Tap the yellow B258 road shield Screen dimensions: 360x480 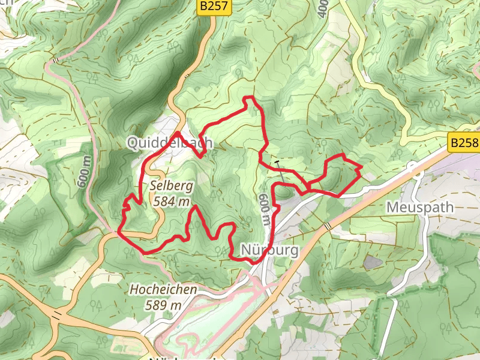(464, 143)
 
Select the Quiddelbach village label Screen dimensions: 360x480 (169, 143)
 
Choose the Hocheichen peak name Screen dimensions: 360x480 (163, 290)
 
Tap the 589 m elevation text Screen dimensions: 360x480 (163, 304)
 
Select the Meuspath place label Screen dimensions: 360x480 (421, 207)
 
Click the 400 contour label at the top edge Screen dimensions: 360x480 (323, 7)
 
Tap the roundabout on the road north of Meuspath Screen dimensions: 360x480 (413, 166)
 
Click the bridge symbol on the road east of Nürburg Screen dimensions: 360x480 (327, 226)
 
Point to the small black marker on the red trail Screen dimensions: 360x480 (277, 162)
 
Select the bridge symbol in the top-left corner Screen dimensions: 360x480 (56, 60)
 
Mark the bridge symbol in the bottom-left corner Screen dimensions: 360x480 (58, 314)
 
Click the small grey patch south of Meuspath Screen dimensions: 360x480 (373, 262)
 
